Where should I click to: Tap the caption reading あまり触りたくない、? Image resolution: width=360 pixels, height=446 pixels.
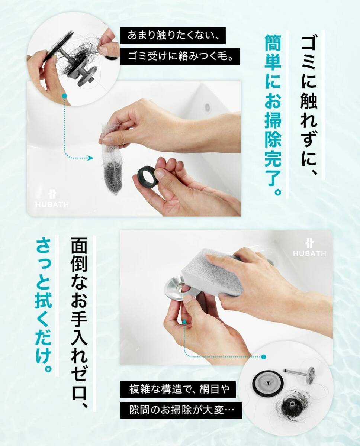(173, 35)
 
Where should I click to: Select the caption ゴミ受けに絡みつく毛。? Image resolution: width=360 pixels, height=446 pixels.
(180, 56)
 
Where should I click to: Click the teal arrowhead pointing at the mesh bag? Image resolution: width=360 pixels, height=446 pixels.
(91, 158)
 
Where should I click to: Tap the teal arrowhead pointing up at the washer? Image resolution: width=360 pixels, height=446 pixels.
(184, 321)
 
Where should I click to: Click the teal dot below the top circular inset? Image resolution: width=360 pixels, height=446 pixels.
(64, 96)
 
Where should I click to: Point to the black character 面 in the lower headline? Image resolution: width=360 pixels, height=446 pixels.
(79, 246)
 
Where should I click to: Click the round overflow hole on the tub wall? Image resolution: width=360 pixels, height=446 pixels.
(208, 107)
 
